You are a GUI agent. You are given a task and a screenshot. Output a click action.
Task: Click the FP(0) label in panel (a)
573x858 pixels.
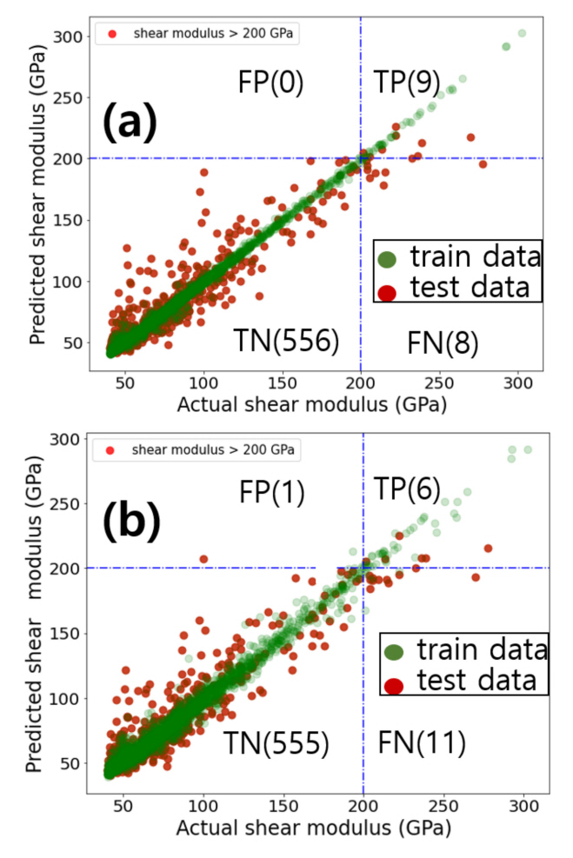270,83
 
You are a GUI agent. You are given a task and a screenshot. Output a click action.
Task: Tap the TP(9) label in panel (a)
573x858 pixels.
406,83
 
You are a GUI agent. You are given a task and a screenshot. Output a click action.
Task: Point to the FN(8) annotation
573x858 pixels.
443,344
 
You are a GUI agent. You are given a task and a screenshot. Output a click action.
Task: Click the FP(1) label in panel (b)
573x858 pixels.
272,493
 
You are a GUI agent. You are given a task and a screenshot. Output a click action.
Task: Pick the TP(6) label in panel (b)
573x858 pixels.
407,489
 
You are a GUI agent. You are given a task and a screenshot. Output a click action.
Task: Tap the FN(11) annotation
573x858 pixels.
423,742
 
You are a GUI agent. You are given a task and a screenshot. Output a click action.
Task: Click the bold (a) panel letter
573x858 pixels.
130,123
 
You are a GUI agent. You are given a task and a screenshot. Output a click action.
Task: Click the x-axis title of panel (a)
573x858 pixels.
311,405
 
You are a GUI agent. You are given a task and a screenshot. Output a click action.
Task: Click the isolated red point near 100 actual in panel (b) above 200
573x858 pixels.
203,559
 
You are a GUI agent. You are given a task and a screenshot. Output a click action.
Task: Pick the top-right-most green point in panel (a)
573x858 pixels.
522,33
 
